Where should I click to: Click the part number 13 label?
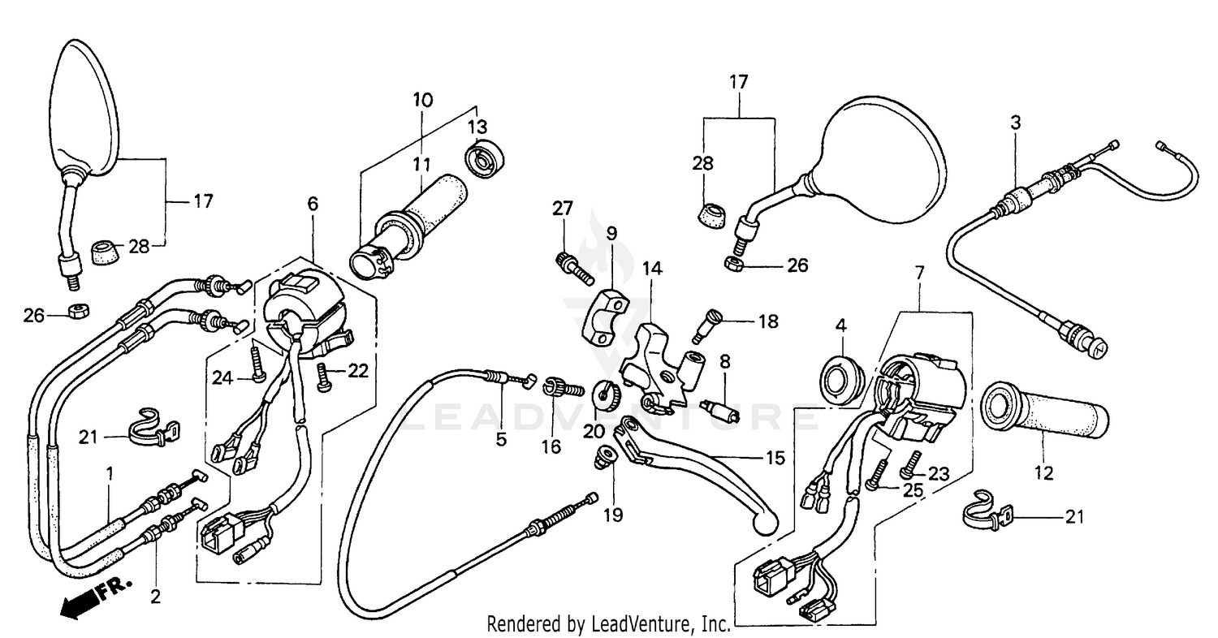[x=477, y=127]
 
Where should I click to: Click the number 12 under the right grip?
[x=1044, y=472]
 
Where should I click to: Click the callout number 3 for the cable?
[x=1015, y=123]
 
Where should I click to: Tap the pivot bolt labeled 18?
[x=706, y=325]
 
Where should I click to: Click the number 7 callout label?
[x=919, y=274]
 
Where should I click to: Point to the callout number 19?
[x=613, y=515]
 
